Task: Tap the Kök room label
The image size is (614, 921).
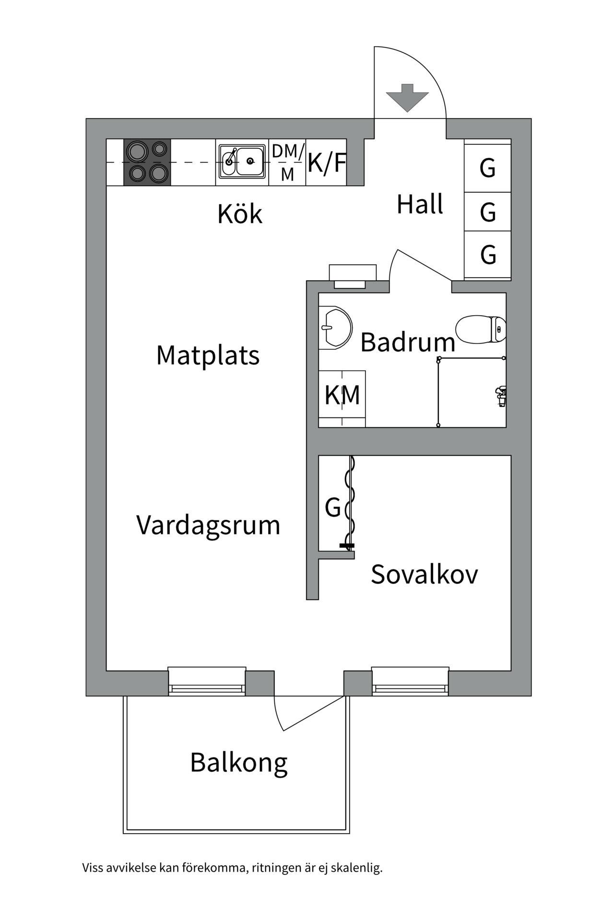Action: (240, 214)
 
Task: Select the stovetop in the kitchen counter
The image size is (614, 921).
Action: (147, 162)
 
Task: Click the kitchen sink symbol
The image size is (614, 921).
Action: (242, 162)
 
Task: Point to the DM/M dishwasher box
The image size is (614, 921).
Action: (287, 162)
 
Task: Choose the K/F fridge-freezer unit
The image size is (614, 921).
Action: (327, 163)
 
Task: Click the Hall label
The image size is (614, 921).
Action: (420, 204)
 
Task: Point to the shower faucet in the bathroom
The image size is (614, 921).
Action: (500, 396)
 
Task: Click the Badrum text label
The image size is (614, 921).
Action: (408, 342)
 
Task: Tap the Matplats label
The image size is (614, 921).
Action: (208, 355)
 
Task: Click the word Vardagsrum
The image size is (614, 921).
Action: (208, 525)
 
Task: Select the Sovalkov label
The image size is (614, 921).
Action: (424, 574)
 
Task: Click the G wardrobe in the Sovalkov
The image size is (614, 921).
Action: (333, 507)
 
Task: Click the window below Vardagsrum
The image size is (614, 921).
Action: (207, 681)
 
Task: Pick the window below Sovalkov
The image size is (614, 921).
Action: (410, 681)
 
